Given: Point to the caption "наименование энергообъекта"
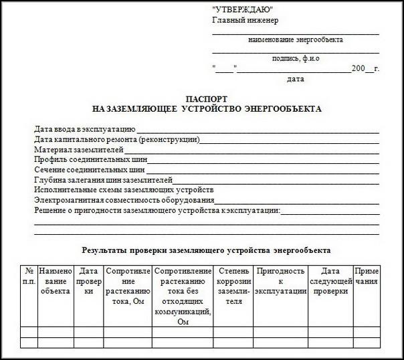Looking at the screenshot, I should click(295, 40).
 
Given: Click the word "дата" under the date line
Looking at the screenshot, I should click(295, 79).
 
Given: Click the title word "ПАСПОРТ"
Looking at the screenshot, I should click(207, 98).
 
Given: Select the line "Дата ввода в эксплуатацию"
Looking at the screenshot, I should click(85, 128).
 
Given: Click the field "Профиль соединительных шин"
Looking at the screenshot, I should click(90, 159).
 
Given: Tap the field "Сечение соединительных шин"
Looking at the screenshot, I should click(90, 169).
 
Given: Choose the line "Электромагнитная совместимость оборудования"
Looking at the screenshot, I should click(124, 200).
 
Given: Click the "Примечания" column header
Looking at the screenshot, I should click(367, 276).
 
